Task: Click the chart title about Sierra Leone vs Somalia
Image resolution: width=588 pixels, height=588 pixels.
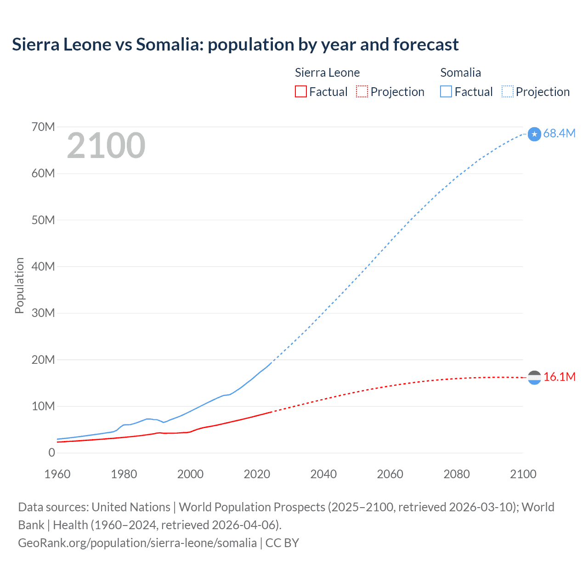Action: pyautogui.click(x=235, y=45)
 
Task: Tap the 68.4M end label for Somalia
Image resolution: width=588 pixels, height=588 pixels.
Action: pyautogui.click(x=559, y=133)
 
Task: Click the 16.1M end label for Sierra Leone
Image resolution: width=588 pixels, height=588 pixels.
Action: pyautogui.click(x=559, y=377)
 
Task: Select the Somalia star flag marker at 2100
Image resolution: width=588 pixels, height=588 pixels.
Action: pyautogui.click(x=534, y=134)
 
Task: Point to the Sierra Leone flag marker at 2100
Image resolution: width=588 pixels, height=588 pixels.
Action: pyautogui.click(x=534, y=378)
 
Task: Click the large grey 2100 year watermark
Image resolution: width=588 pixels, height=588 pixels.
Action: pyautogui.click(x=106, y=146)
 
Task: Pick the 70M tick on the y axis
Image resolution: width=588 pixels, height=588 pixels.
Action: pyautogui.click(x=43, y=127)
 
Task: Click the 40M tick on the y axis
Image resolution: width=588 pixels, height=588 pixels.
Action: pyautogui.click(x=43, y=266)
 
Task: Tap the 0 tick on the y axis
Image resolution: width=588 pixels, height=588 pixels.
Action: pyautogui.click(x=51, y=452)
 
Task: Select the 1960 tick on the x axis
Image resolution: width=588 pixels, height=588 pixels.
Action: pyautogui.click(x=57, y=474)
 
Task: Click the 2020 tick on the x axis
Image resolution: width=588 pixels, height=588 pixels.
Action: pyautogui.click(x=257, y=474)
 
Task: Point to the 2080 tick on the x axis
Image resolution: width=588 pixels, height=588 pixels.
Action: pyautogui.click(x=457, y=474)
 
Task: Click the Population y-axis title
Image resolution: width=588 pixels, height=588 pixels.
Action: pyautogui.click(x=19, y=285)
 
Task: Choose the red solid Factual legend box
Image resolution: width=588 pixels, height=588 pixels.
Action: pyautogui.click(x=301, y=92)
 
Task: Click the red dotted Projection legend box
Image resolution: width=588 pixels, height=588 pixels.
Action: pyautogui.click(x=362, y=92)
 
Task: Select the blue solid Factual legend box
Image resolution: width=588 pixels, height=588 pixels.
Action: pyautogui.click(x=446, y=92)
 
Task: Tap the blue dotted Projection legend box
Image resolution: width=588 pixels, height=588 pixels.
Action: pyautogui.click(x=508, y=92)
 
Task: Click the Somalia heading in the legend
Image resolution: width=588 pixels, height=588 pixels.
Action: pyautogui.click(x=460, y=73)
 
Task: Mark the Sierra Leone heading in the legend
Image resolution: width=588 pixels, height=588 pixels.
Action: pyautogui.click(x=327, y=73)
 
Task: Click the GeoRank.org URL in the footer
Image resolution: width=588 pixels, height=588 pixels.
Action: pyautogui.click(x=137, y=543)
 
